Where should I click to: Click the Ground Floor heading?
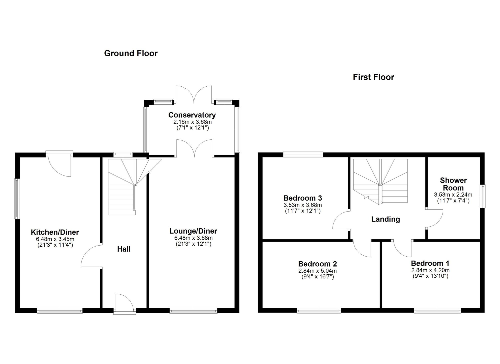point(131,53)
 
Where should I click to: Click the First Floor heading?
point(373,77)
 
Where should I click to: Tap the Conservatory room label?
point(192,115)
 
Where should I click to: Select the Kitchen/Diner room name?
point(55,232)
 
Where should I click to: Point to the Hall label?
point(124,249)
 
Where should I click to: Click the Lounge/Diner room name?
point(193,231)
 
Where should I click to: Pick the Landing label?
point(385,219)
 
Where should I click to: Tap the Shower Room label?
point(453,184)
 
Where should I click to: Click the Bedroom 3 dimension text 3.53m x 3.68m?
point(303,205)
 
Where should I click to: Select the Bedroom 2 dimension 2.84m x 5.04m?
point(317,271)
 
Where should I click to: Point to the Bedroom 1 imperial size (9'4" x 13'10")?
point(430,276)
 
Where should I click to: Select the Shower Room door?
point(434,218)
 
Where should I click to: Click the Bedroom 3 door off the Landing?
point(341,220)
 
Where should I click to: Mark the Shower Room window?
point(483,196)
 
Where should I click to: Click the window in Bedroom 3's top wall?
point(303,154)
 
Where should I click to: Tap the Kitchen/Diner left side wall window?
point(17,199)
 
